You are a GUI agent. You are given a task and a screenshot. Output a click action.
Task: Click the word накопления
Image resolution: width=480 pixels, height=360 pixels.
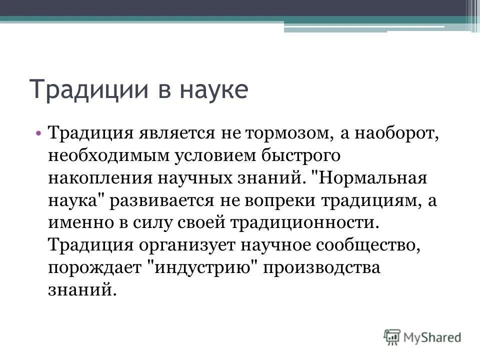click(100, 178)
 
